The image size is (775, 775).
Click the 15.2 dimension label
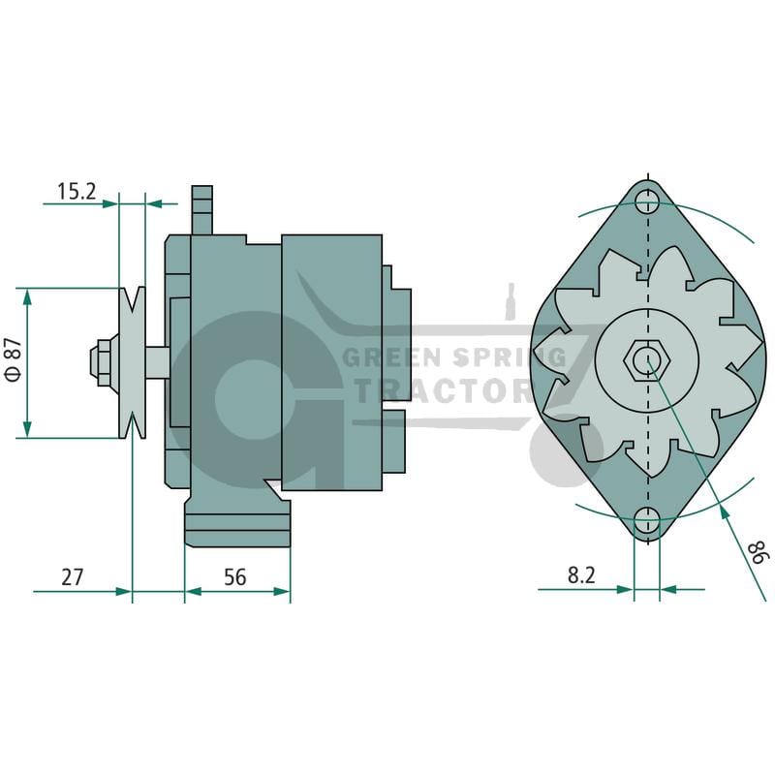pyautogui.click(x=77, y=191)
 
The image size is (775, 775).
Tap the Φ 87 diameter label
pyautogui.click(x=14, y=359)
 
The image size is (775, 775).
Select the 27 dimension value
pyautogui.click(x=72, y=577)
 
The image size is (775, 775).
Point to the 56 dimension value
pyautogui.click(x=234, y=577)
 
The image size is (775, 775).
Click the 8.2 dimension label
pyautogui.click(x=581, y=575)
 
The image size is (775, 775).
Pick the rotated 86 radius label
pyautogui.click(x=759, y=552)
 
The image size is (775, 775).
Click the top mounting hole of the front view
pyautogui.click(x=647, y=201)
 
